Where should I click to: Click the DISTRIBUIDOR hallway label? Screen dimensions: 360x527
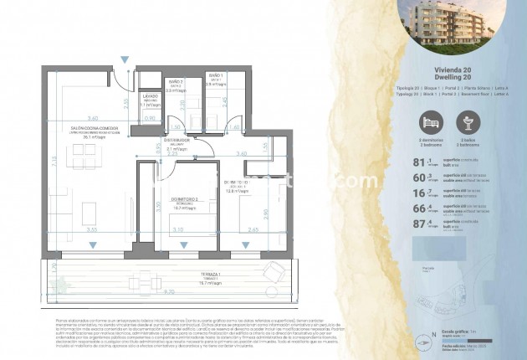176,140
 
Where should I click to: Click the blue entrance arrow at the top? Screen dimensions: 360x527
125,59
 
